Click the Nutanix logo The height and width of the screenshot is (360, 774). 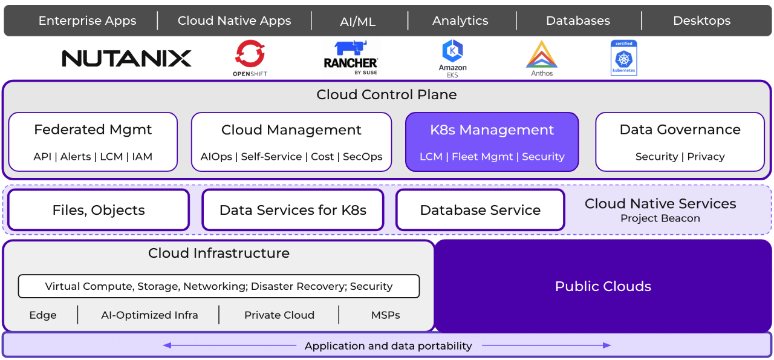point(126,59)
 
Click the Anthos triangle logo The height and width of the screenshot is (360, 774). point(541,54)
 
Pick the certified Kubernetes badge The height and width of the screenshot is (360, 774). point(623,58)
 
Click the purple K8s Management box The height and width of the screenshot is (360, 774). point(492,142)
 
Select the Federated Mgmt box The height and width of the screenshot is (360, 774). point(93,142)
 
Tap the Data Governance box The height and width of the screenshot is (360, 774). point(680,142)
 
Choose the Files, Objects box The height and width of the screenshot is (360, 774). point(99,210)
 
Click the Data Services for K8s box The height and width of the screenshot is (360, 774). point(293,210)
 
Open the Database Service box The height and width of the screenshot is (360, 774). point(480,210)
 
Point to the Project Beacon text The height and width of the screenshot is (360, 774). point(660,218)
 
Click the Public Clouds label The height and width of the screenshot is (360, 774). point(603,286)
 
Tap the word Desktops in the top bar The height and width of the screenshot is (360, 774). point(701,21)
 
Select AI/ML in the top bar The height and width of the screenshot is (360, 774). point(358,22)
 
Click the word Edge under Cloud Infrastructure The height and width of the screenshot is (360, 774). point(43,315)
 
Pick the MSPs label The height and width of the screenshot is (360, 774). point(385,315)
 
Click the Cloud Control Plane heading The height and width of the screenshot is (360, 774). point(386,95)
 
